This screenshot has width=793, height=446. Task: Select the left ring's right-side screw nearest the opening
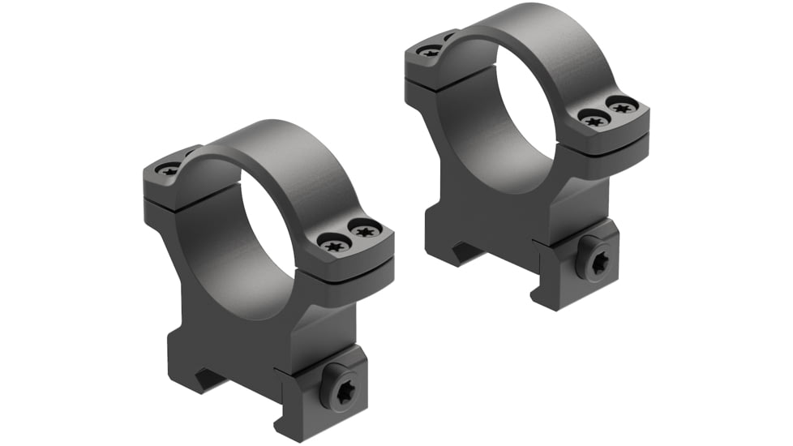pos(333,242)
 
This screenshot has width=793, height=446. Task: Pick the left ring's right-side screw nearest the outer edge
pos(365,231)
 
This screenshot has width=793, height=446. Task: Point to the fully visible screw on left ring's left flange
pos(170,170)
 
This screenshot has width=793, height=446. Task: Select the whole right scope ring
pos(527,154)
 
